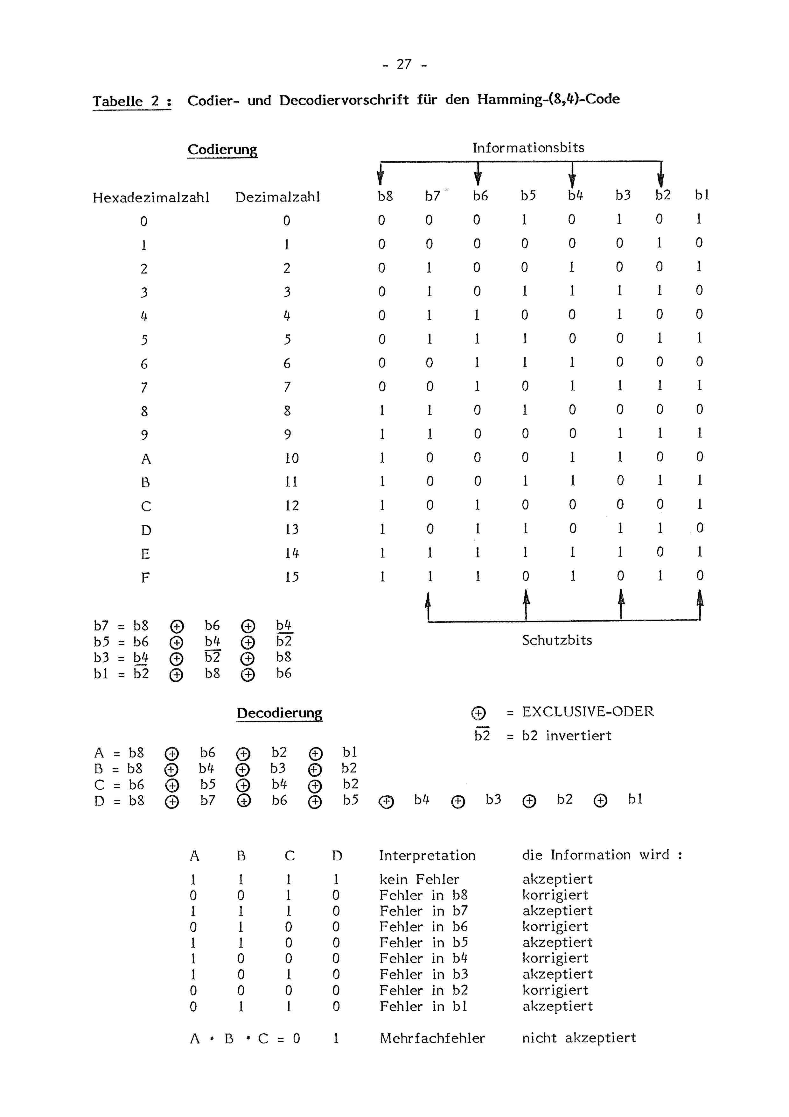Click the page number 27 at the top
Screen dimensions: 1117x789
404,64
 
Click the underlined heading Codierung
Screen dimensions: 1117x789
222,149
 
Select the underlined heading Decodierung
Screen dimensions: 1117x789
279,713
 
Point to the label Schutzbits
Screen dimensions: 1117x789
557,640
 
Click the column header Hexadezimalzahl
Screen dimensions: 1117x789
151,197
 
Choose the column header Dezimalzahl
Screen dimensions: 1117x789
278,197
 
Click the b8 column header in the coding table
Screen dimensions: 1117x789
385,196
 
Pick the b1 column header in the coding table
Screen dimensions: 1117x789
702,195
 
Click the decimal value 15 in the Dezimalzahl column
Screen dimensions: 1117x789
292,577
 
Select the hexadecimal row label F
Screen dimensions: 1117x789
145,578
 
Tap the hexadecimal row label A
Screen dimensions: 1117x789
146,459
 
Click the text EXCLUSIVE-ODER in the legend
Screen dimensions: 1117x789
588,712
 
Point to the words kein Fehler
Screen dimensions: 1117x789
419,879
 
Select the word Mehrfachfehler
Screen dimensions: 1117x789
432,1038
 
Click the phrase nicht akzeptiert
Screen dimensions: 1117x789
578,1038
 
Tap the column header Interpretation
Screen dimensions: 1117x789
427,855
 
